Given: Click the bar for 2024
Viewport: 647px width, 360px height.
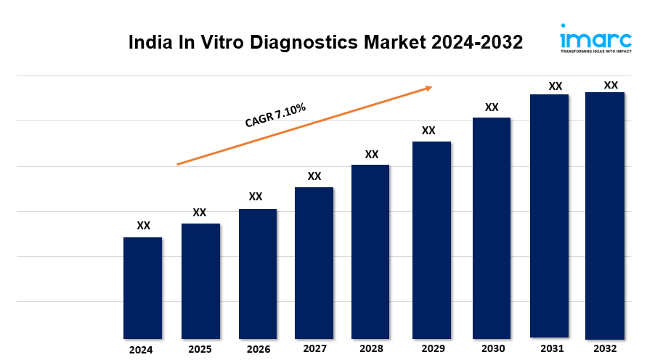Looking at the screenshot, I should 142,287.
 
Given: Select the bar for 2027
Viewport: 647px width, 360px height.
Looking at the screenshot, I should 314,263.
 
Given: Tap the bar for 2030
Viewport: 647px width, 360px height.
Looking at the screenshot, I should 492,228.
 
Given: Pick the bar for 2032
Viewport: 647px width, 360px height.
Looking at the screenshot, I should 605,215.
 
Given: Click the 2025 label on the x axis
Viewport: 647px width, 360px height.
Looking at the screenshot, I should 200,349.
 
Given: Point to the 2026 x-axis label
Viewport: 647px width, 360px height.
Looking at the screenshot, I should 258,349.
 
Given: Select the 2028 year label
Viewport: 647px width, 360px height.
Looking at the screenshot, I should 370,349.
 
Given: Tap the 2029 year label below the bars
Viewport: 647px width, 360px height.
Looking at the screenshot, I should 433,349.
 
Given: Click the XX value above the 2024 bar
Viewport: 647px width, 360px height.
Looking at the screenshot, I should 144,226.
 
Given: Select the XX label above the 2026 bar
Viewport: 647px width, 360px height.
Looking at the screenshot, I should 256,197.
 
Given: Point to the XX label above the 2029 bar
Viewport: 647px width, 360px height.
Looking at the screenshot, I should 428,131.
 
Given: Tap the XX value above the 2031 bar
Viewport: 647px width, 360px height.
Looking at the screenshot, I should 556,86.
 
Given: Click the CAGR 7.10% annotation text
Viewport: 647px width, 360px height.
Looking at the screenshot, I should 275,115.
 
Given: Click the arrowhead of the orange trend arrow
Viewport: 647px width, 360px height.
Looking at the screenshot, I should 428,88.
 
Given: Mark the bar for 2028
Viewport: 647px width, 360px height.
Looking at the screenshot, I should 370,251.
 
